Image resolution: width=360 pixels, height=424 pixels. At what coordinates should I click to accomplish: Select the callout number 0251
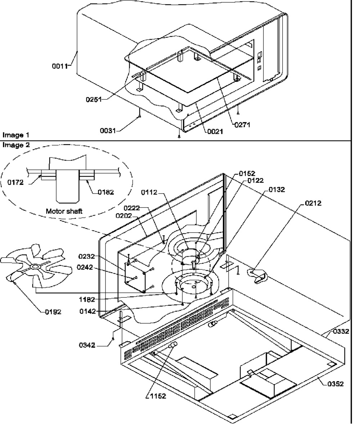93,100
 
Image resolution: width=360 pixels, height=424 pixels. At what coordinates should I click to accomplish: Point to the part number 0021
215,132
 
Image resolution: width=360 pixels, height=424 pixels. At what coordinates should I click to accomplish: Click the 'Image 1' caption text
16,135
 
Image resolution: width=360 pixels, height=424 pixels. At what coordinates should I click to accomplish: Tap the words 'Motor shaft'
64,211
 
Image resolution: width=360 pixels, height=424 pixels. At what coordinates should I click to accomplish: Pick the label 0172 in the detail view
15,182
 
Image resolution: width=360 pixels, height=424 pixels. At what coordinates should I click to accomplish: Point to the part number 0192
53,312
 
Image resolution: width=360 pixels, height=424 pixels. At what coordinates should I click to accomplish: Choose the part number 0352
336,384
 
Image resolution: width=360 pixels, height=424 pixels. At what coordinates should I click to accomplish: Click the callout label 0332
341,331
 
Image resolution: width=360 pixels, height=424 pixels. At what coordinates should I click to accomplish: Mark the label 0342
87,345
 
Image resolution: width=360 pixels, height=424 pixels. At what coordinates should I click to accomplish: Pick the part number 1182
88,299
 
